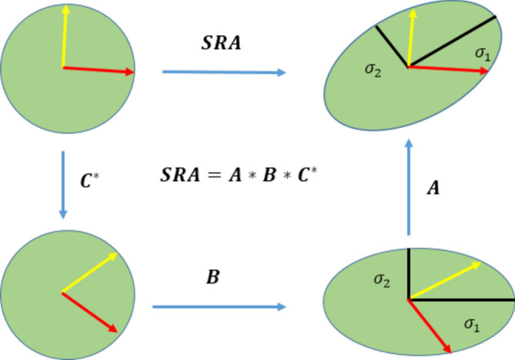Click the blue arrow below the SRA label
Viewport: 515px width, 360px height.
click(223, 73)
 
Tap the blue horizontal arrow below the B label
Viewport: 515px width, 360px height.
click(215, 306)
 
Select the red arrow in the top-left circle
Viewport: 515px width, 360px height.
click(98, 71)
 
